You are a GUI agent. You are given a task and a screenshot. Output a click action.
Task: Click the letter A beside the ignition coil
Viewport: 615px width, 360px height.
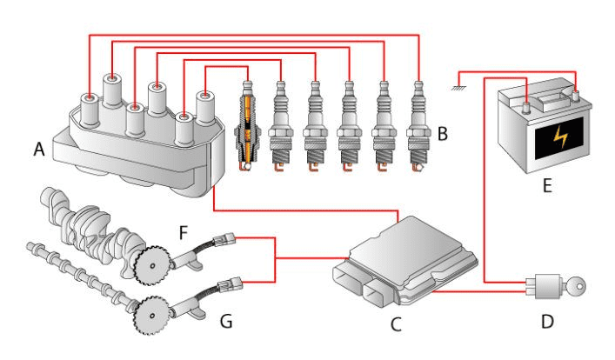click(39, 150)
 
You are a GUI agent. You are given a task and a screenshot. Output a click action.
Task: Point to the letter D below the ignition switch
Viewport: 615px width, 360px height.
click(547, 323)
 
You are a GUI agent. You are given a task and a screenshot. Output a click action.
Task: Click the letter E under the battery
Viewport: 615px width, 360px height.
click(546, 184)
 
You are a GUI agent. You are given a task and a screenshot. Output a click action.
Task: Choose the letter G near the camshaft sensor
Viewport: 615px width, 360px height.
click(226, 323)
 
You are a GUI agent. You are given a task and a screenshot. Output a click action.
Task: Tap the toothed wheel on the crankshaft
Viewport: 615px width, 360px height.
click(150, 262)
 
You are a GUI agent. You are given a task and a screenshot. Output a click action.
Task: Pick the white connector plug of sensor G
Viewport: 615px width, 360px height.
click(231, 283)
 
